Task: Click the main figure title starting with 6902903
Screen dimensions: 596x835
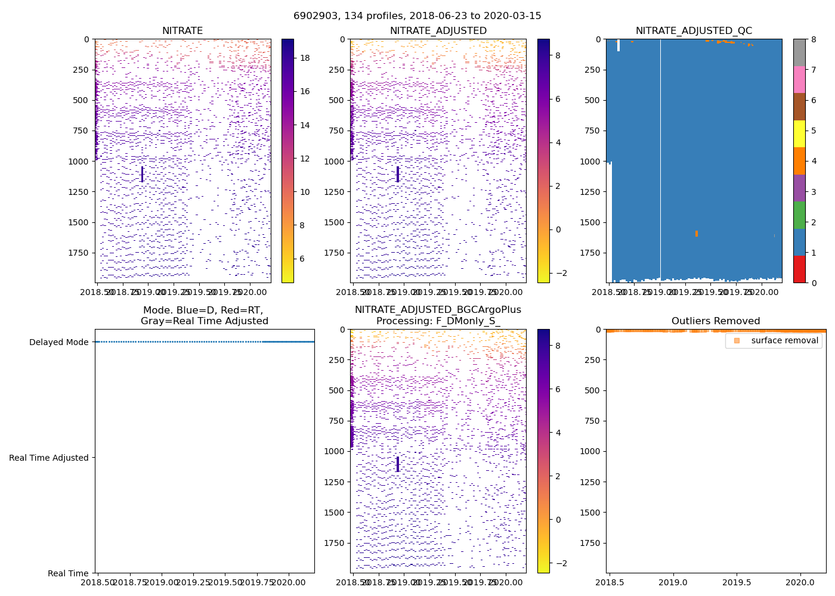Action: (x=417, y=16)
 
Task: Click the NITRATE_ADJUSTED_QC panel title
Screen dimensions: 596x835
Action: (x=694, y=31)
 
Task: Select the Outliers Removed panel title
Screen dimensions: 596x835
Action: (x=716, y=321)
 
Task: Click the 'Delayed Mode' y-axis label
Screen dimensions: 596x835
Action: (x=58, y=342)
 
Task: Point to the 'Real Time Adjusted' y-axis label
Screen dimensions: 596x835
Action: (x=48, y=458)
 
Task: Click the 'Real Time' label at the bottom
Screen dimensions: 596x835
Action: (x=68, y=573)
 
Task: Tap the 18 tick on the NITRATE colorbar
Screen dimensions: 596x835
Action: (x=305, y=58)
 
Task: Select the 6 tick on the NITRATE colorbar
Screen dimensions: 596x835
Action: (x=302, y=259)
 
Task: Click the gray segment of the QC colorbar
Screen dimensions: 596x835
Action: (x=799, y=52)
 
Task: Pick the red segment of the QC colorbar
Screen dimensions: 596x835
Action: (x=799, y=269)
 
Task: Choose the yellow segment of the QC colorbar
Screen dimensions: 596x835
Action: (x=799, y=134)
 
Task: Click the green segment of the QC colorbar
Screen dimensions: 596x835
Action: (x=799, y=215)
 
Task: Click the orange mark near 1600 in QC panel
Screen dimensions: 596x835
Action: (x=696, y=234)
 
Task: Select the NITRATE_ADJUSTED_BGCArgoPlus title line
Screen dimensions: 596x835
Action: (x=438, y=310)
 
